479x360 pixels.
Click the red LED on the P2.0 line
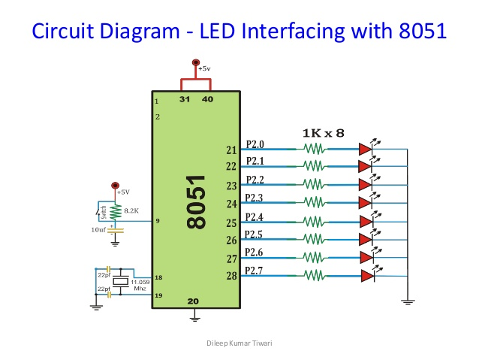366,149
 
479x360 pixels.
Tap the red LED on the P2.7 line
366,276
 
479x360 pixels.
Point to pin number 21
231,150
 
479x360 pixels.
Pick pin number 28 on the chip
231,276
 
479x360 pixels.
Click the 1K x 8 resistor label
323,132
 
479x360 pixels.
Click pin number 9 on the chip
158,221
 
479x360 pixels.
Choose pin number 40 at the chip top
207,99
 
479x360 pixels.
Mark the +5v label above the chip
204,68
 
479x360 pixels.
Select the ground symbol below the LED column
408,301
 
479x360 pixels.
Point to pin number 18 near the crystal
158,277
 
